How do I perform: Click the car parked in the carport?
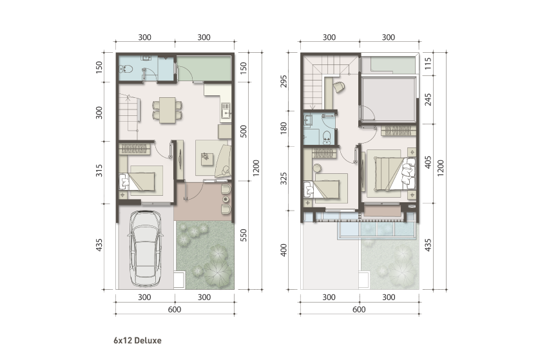(x=145, y=249)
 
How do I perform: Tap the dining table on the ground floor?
(x=168, y=110)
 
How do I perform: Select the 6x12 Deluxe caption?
(x=137, y=341)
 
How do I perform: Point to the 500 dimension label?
(x=243, y=131)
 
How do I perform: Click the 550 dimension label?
(x=243, y=235)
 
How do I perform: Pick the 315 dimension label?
(x=99, y=171)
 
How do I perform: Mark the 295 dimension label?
(x=283, y=81)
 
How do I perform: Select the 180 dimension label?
(x=283, y=128)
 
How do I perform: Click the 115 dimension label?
(x=427, y=64)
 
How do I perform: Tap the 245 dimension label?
(x=427, y=99)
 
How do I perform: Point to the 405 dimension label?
(x=427, y=162)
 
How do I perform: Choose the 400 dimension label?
(x=283, y=250)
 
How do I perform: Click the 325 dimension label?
(x=283, y=178)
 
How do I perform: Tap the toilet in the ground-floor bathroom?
(x=126, y=69)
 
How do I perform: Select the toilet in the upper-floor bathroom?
(x=327, y=138)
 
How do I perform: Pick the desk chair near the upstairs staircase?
(x=339, y=87)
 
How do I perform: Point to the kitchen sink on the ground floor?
(x=226, y=110)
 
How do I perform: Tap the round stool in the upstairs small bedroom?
(x=317, y=168)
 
